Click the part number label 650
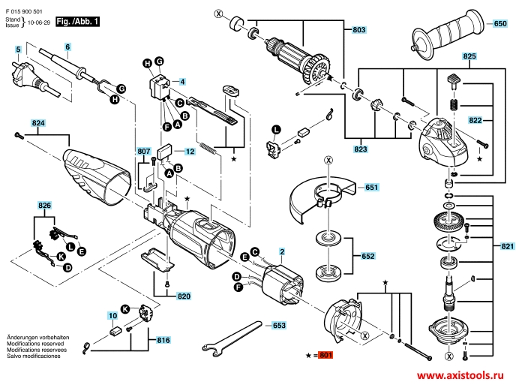[500, 25]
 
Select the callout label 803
[358, 30]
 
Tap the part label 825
[469, 57]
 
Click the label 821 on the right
[507, 246]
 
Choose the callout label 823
[361, 149]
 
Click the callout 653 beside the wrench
[278, 326]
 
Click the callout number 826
[45, 205]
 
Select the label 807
[143, 152]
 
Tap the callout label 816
[163, 340]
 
